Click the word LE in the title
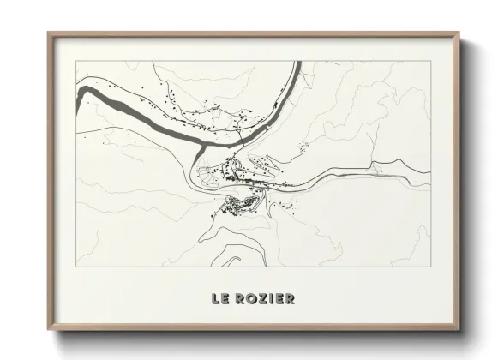[x=220, y=299]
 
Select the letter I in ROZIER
[x=272, y=299]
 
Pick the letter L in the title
[x=216, y=299]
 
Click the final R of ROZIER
[x=291, y=299]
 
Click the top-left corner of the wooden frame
[x=48, y=33]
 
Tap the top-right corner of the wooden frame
[x=459, y=33]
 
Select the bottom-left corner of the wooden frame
[x=48, y=330]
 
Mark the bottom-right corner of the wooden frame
[x=459, y=330]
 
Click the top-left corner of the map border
[x=76, y=61]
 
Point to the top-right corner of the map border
[x=430, y=61]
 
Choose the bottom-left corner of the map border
[x=76, y=267]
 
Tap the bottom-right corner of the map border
[x=430, y=267]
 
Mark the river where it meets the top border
[x=298, y=63]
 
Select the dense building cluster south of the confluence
[x=238, y=204]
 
